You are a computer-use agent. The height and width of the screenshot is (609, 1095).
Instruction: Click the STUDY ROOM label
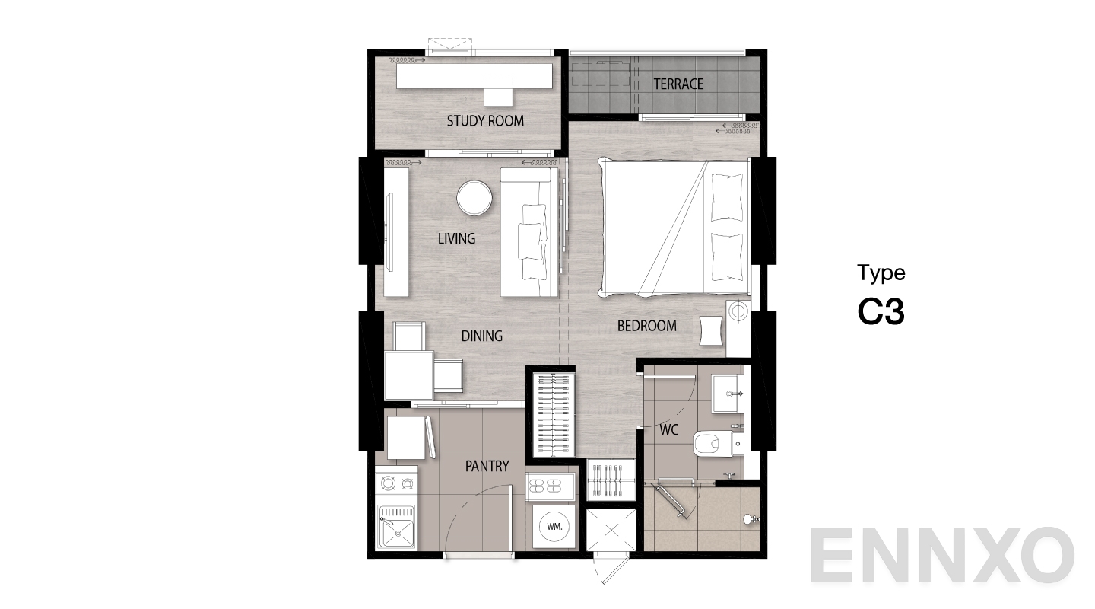coord(485,121)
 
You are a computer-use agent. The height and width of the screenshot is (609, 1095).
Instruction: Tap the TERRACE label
coord(678,84)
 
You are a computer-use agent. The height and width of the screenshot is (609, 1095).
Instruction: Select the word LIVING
coord(456,238)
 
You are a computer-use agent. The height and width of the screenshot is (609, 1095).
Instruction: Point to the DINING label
coord(482,336)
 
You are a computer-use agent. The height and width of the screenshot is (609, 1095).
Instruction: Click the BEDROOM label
coord(646,326)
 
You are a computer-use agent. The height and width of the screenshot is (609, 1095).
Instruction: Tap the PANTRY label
coord(487,466)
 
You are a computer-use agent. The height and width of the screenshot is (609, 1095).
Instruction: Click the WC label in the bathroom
coord(668,430)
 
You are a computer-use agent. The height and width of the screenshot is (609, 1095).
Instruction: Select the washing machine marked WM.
coord(554,527)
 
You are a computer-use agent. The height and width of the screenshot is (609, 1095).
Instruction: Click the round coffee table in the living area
coord(474,198)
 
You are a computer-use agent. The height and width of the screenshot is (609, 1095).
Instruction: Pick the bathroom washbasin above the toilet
coord(728,394)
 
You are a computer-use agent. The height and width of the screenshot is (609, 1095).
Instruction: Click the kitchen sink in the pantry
coord(396,528)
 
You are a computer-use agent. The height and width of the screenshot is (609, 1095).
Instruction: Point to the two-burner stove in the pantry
coord(396,484)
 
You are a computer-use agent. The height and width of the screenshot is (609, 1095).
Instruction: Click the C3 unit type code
coord(881,312)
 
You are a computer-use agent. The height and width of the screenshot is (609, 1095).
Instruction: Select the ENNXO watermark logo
coord(942,555)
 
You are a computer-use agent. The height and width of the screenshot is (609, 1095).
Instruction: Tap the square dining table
coord(408,375)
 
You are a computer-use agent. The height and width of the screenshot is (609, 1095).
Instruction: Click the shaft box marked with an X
coord(611,530)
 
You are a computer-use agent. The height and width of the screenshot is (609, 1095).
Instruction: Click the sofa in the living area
coord(529,232)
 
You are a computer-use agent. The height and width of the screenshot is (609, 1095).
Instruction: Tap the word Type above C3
coord(881,273)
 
